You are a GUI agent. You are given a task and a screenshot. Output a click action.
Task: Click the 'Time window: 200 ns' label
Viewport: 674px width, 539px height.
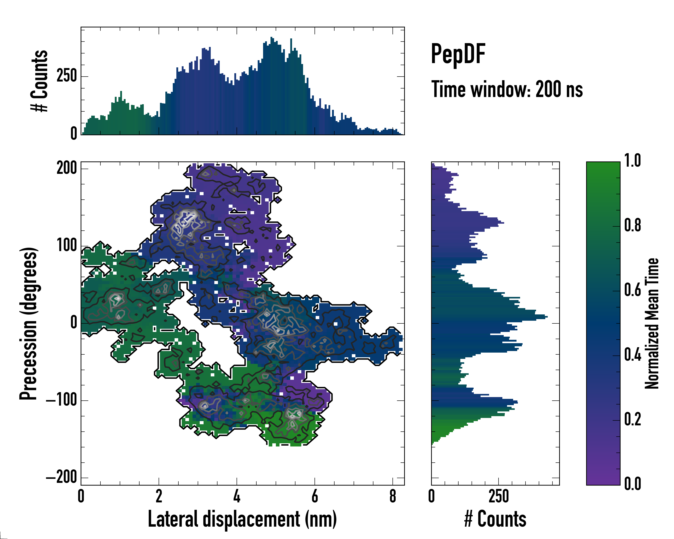[507, 90]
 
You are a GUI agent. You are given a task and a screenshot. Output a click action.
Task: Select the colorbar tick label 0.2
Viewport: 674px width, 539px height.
[632, 419]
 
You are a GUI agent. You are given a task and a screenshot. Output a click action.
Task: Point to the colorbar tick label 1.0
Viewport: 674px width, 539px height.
[632, 161]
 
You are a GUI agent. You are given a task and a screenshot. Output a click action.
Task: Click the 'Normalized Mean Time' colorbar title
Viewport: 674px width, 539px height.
[652, 323]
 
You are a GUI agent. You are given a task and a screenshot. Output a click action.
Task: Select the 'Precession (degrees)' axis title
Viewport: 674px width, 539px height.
[29, 323]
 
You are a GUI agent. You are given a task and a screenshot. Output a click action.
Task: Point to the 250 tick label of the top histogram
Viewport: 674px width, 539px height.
[67, 76]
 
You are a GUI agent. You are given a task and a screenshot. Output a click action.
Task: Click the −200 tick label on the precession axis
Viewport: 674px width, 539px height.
[62, 477]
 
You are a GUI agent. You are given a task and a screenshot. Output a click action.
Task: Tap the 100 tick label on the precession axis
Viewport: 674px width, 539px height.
[67, 246]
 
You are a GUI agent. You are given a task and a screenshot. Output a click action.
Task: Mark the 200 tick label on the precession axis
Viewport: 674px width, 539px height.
[67, 168]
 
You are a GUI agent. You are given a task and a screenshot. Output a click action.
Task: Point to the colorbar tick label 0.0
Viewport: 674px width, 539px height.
[632, 484]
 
